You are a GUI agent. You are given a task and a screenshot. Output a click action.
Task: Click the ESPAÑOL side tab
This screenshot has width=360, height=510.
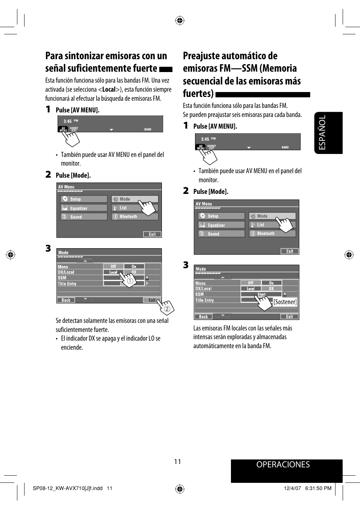click(328, 133)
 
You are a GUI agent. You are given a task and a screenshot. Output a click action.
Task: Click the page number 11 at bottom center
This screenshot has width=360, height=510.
click(177, 462)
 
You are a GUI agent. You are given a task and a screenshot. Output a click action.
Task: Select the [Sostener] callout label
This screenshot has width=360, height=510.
click(285, 302)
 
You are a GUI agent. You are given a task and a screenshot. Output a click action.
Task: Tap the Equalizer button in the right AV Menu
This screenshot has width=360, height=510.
click(221, 225)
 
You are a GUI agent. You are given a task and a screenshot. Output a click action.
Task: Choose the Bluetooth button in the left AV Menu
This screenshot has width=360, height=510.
click(134, 217)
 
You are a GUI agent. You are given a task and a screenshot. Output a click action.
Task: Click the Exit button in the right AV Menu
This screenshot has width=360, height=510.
click(289, 251)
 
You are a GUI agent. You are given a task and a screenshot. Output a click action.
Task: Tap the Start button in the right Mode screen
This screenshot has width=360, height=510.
click(261, 294)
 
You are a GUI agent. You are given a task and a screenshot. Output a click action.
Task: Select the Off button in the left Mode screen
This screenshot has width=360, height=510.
click(113, 266)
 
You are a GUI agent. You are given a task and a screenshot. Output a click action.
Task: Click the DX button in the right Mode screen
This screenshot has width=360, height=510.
click(271, 289)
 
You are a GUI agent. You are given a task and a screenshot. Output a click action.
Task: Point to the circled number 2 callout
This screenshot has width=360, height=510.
click(167, 309)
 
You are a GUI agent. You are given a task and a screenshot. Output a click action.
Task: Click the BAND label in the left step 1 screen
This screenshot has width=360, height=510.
click(148, 129)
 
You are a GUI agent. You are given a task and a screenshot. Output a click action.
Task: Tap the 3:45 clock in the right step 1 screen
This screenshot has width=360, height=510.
click(205, 139)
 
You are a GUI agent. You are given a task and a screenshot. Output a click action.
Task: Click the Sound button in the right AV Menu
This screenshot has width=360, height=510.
click(221, 234)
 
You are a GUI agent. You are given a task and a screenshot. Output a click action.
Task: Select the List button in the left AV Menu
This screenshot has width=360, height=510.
click(134, 208)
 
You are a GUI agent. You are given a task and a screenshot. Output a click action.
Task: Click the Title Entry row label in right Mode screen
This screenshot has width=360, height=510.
click(205, 300)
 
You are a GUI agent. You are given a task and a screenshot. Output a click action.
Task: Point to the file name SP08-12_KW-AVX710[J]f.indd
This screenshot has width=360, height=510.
click(68, 488)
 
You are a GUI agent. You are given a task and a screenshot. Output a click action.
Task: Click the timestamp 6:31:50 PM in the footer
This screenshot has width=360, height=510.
click(318, 488)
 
